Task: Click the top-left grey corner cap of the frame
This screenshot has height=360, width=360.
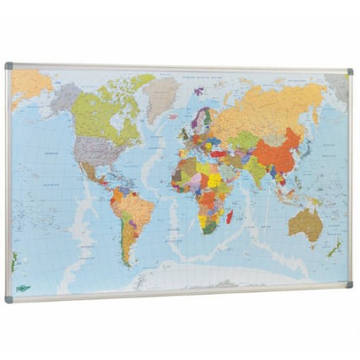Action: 9,66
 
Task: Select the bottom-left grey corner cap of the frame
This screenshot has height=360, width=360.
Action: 9,299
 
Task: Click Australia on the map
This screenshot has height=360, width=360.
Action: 305,225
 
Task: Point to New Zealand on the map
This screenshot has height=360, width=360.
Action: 335,249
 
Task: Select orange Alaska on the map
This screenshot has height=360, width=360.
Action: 30,82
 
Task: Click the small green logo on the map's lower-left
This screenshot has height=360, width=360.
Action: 22,288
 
